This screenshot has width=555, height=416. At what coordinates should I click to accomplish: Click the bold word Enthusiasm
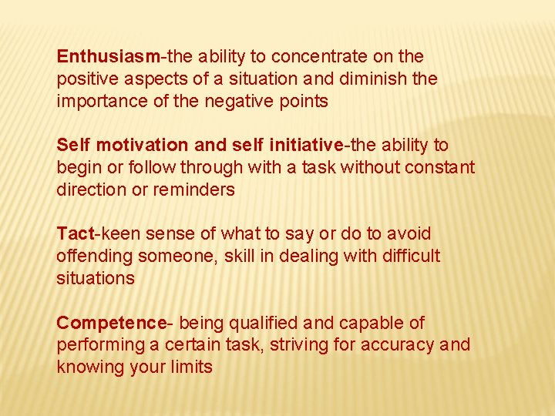pos(108,56)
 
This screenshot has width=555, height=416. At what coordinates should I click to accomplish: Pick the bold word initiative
pos(305,145)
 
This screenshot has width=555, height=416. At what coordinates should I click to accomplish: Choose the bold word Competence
pos(112,323)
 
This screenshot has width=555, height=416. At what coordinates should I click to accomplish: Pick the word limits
pos(192,367)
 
